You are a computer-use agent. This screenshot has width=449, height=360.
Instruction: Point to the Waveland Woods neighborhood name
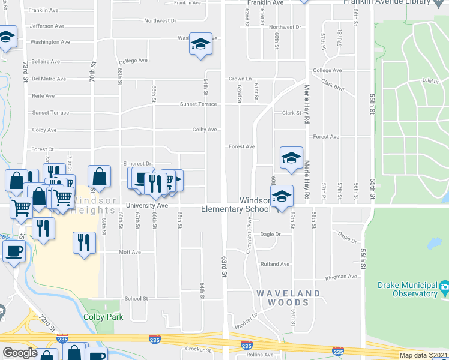(289, 298)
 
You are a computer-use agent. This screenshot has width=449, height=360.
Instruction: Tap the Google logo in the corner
(20, 353)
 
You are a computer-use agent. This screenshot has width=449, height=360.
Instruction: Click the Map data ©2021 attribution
(424, 355)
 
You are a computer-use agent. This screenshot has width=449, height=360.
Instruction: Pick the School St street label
(136, 298)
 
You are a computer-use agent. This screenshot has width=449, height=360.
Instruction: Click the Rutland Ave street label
(274, 264)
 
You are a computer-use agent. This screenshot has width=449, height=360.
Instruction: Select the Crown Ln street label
(238, 79)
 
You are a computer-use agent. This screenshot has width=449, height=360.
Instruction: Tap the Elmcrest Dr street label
(137, 163)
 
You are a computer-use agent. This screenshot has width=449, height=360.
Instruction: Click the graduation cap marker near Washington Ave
(200, 45)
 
